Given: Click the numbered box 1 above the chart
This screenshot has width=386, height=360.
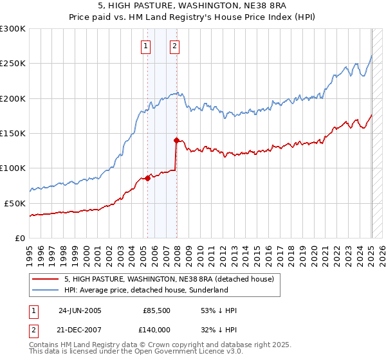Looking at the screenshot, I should pos(146,46).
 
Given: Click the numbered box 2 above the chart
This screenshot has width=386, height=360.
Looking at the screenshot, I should pos(175,46).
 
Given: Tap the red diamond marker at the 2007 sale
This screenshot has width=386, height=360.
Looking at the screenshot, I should pos(176,139).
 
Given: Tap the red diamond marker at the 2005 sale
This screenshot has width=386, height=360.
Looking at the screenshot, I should pos(147,178).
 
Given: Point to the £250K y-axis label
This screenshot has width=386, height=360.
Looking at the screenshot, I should pos(13,64).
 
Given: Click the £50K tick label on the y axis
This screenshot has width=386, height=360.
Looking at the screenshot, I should pos(15,203).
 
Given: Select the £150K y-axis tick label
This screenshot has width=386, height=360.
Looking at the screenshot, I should pos(13,133).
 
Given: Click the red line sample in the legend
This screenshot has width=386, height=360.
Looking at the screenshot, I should pos(45,279).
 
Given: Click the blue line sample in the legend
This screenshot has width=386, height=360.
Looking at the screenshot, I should pos(45,291).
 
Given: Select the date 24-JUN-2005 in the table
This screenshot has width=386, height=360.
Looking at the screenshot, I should pos(80,310).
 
